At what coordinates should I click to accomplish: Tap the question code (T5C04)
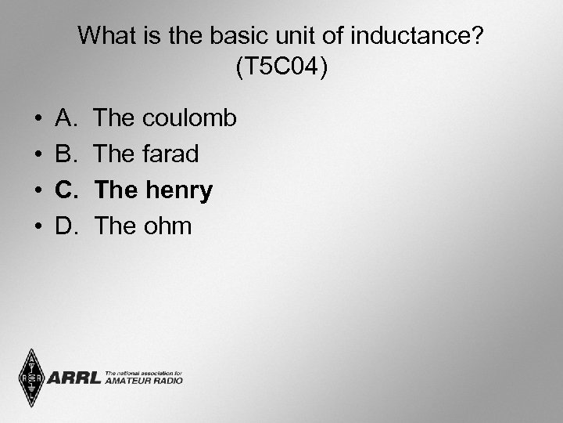[281, 68]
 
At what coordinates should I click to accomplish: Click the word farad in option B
[170, 154]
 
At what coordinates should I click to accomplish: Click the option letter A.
[66, 118]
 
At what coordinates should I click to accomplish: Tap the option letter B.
[66, 154]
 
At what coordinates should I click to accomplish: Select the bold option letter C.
[66, 190]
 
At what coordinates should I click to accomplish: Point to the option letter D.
[66, 226]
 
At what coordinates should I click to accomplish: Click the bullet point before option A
[38, 119]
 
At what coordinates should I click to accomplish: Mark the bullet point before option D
[38, 227]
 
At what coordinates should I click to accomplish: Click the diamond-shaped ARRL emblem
[32, 379]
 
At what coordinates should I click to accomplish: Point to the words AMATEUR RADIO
[143, 381]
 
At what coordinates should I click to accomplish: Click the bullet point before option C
[38, 191]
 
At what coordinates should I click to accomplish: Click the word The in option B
[114, 154]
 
